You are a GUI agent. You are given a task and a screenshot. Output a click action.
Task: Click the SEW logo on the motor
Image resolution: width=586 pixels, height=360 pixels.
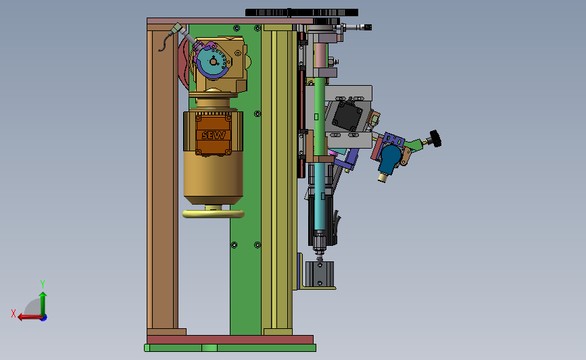click(x=214, y=135)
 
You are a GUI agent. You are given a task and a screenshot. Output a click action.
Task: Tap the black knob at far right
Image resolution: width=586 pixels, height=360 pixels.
click(x=436, y=138)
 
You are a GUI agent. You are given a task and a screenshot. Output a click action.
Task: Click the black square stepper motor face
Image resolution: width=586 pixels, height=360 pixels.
click(x=347, y=115)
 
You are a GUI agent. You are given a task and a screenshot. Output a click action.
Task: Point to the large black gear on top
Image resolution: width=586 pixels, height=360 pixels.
click(x=301, y=13)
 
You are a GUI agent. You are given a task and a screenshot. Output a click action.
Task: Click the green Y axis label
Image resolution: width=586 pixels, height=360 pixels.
click(x=43, y=284)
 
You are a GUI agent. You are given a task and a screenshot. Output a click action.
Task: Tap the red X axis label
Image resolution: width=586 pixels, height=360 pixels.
click(x=14, y=313)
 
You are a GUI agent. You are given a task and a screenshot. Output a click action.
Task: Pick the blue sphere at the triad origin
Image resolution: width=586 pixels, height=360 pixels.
click(x=44, y=317)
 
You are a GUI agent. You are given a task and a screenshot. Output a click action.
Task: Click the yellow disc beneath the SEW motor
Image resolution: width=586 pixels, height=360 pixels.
click(x=214, y=213)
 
